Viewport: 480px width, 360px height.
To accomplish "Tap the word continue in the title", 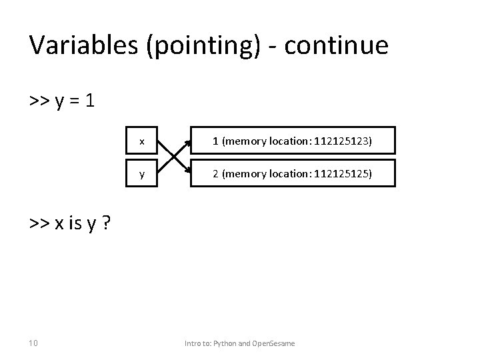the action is click(335, 45).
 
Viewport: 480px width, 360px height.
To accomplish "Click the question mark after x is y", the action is click(106, 223).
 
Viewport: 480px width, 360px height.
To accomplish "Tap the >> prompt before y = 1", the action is click(38, 102).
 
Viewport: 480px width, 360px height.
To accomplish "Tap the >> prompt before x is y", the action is click(38, 223).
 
